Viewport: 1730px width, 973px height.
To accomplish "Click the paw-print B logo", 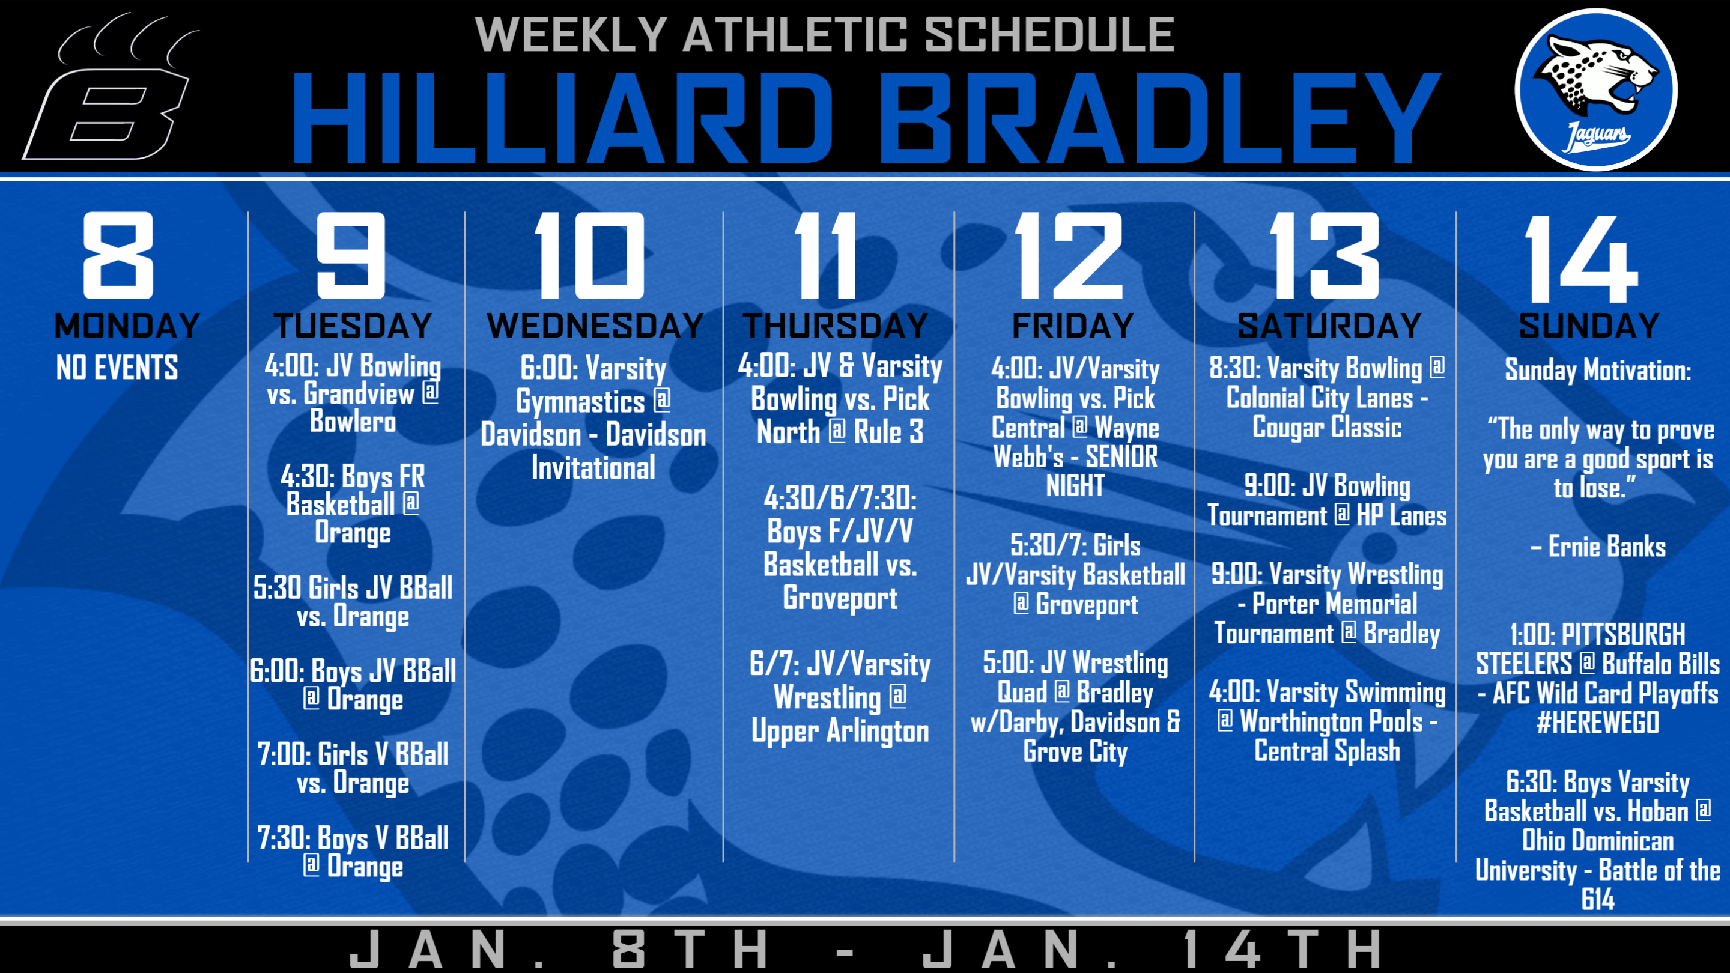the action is click(x=111, y=87).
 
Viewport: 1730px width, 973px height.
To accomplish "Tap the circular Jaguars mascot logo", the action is click(x=1597, y=89).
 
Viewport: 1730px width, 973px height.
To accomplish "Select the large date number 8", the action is click(x=118, y=255).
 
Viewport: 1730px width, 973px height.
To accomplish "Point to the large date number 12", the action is click(x=1069, y=255).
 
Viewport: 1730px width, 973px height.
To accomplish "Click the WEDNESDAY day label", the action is click(x=595, y=326).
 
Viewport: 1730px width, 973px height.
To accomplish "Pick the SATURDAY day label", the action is click(x=1329, y=326).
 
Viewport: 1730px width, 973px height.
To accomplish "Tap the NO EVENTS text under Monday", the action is click(x=118, y=368).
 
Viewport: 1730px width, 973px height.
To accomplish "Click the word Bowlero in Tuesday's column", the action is click(x=353, y=422).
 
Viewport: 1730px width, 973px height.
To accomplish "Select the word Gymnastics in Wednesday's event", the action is click(x=580, y=402).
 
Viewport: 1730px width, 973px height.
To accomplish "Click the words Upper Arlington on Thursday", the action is click(x=840, y=730).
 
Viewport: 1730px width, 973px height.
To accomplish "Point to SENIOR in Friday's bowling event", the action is click(x=1121, y=456).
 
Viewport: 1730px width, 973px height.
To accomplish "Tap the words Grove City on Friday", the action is click(x=1075, y=751).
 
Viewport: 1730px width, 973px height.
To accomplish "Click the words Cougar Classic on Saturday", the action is click(x=1327, y=427).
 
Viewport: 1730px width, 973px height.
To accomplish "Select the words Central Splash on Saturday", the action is click(x=1327, y=751).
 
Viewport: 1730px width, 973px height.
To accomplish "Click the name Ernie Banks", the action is click(x=1607, y=547).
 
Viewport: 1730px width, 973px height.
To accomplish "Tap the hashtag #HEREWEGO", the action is click(x=1598, y=723).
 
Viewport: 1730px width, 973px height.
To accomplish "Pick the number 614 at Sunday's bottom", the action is click(x=1598, y=899).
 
